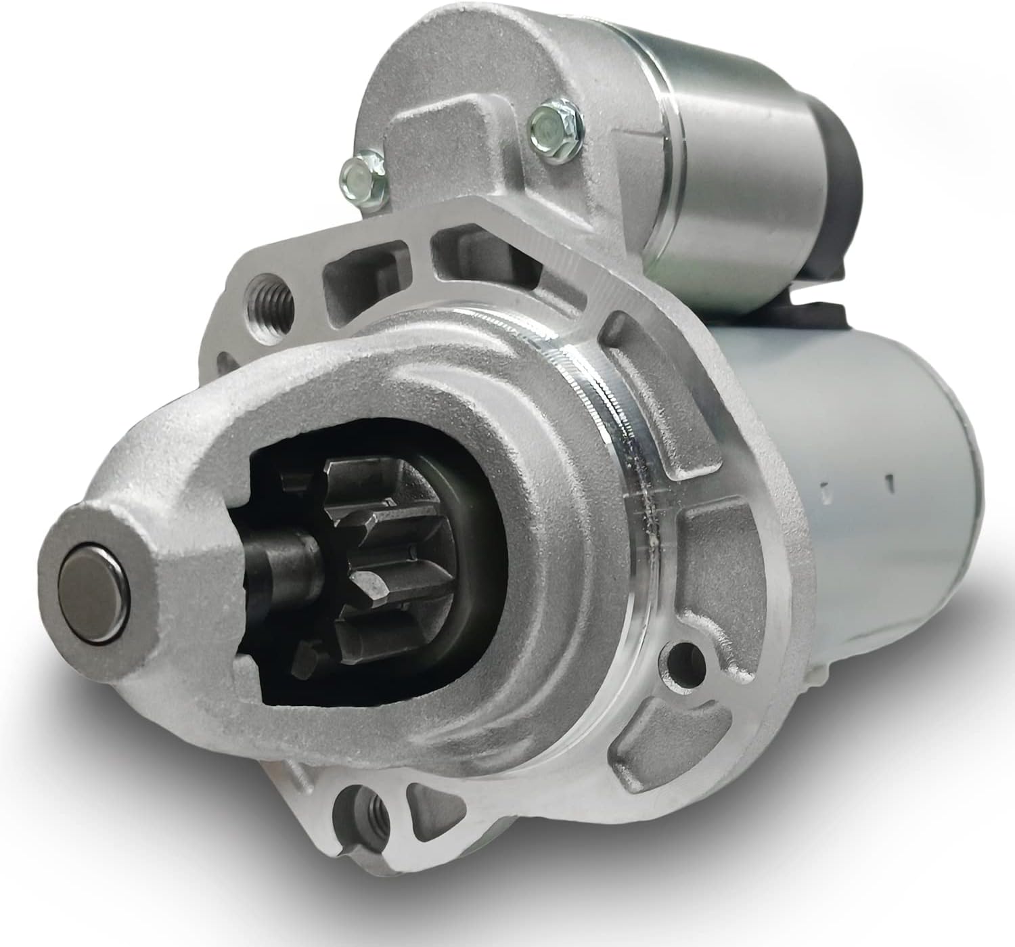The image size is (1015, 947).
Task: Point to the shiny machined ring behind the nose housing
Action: pos(609,460)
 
